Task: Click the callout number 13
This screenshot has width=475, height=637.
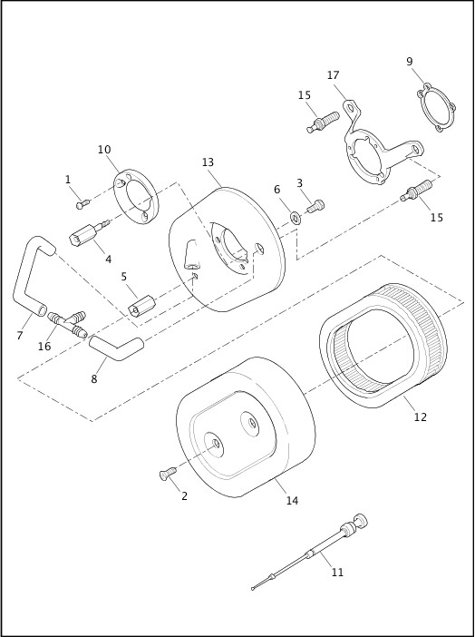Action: coord(208,162)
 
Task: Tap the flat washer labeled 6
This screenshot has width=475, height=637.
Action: coord(296,217)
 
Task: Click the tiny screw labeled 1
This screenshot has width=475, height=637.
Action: coord(82,203)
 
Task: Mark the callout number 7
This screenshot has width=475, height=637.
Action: coord(19,335)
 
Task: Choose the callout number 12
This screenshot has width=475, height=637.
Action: coord(420,417)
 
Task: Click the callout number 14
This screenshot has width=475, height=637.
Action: coord(291,500)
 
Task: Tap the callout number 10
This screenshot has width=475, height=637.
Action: coord(104,150)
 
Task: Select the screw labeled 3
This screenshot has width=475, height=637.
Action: coord(316,208)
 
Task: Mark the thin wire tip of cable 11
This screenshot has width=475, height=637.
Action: coord(253,591)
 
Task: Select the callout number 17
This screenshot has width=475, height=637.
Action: coord(334,75)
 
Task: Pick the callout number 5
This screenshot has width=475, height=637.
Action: coord(123,277)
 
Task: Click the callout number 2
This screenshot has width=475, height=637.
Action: coord(185,495)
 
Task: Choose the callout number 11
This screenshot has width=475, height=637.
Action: coord(337,573)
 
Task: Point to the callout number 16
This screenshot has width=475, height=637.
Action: coord(44,347)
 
